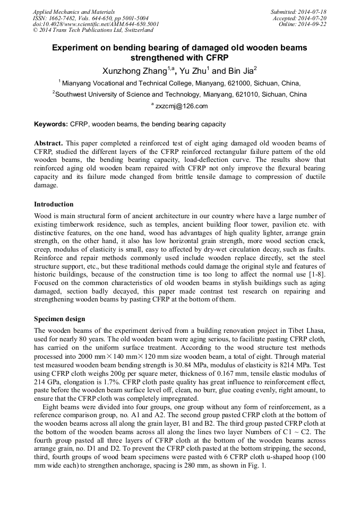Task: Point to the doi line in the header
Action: [x=96, y=24]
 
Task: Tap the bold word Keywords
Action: [x=51, y=124]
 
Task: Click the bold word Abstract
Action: [x=49, y=143]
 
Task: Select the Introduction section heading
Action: [x=54, y=204]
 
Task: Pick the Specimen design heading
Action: [x=59, y=319]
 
